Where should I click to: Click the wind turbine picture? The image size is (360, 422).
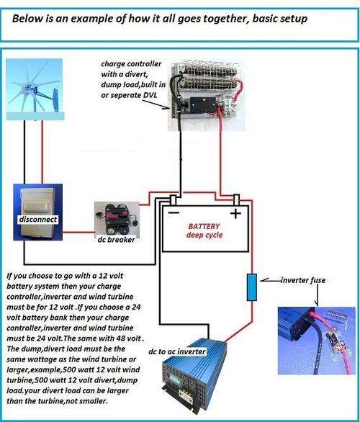coord(35,89)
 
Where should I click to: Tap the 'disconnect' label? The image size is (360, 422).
coord(38,220)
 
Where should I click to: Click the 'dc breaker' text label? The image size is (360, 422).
coord(116,240)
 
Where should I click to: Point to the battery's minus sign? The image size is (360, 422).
coord(174,213)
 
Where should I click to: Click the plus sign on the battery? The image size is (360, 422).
coord(235,214)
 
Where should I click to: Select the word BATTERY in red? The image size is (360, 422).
coord(204,226)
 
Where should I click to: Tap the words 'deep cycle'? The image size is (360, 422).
coord(204,235)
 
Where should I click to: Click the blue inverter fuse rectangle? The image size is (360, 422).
coord(252,287)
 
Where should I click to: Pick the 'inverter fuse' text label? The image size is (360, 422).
coord(303,280)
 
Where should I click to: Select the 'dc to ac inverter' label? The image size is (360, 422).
coord(177,351)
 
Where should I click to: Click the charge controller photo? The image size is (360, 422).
coord(206,96)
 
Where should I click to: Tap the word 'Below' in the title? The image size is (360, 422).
coord(24,19)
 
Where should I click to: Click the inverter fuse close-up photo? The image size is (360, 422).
coord(317,341)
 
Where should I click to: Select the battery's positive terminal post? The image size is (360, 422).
coord(236,200)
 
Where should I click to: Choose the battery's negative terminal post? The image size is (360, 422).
coord(174,200)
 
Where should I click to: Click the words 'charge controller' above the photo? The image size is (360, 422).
coord(131,64)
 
